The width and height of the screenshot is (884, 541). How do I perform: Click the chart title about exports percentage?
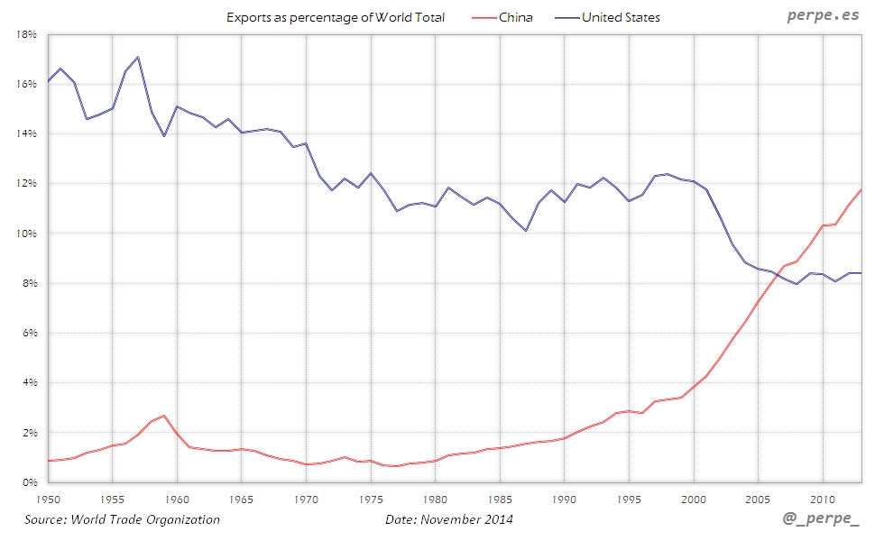click(x=336, y=17)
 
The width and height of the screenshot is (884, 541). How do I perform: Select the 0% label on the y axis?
click(x=29, y=482)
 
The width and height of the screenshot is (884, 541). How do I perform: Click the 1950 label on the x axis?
click(x=47, y=498)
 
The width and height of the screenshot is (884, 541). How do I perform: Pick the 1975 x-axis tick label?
click(x=371, y=498)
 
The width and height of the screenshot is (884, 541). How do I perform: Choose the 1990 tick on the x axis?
click(x=565, y=498)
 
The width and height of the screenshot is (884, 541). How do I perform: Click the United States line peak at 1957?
click(x=137, y=57)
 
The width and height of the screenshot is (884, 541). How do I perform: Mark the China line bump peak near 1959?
click(x=163, y=416)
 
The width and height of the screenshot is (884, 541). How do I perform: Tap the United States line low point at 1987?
click(x=526, y=231)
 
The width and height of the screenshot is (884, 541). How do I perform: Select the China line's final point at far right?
click(x=861, y=189)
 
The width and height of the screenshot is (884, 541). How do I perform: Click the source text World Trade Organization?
click(x=122, y=519)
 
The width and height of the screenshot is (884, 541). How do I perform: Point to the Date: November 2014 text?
click(x=449, y=519)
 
